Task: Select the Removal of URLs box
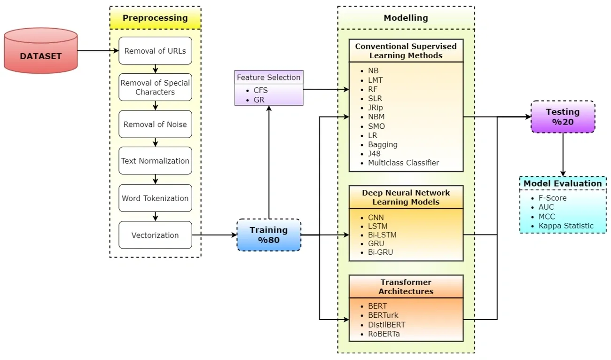[155, 51]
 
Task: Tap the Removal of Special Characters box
[155, 87]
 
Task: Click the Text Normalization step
[155, 161]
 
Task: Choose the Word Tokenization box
[155, 198]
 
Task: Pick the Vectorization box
[155, 235]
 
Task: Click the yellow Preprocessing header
[155, 18]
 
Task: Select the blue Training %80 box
[268, 235]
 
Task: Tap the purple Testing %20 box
[563, 117]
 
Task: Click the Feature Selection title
[268, 77]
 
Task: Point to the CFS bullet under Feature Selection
[260, 90]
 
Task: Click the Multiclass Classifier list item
[403, 163]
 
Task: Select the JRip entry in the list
[376, 108]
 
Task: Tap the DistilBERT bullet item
[386, 325]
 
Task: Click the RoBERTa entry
[384, 334]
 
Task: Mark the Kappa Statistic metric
[566, 226]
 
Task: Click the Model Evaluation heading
[563, 183]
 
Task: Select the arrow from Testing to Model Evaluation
[563, 155]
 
